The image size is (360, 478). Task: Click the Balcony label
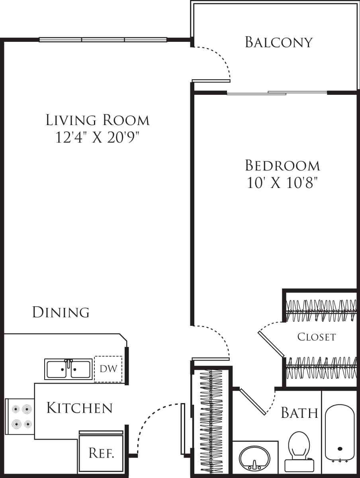(x=278, y=42)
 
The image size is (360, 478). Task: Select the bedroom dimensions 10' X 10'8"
(x=282, y=183)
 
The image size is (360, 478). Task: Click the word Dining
(x=61, y=312)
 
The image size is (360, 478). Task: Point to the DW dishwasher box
(x=108, y=369)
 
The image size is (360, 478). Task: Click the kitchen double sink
(x=68, y=369)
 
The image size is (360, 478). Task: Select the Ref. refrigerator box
(x=102, y=453)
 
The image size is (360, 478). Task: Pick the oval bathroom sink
(x=254, y=458)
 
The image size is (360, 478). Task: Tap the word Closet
(x=317, y=337)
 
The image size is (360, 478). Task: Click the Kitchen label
(x=79, y=408)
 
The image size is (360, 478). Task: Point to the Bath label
(x=299, y=413)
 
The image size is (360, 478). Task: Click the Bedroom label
(x=282, y=165)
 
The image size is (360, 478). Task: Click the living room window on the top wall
(x=103, y=39)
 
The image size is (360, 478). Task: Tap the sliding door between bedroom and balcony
(x=277, y=93)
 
